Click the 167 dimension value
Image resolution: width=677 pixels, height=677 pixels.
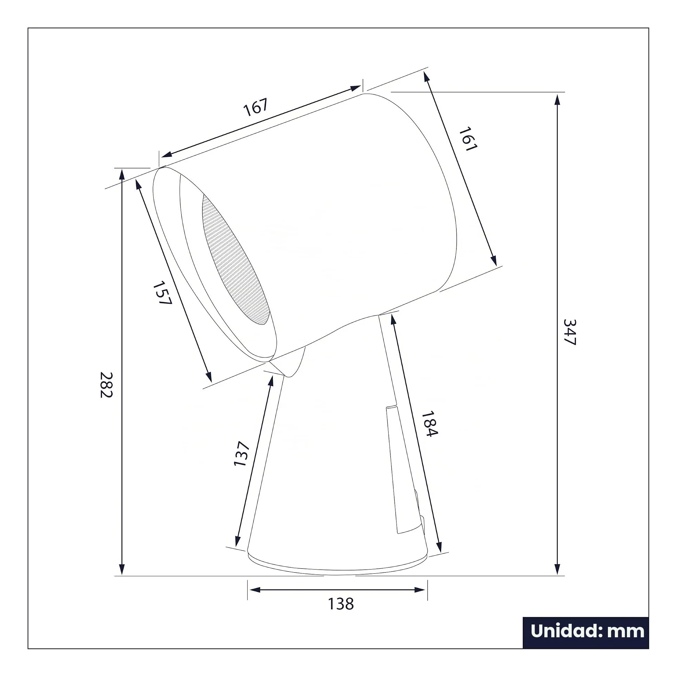(256, 107)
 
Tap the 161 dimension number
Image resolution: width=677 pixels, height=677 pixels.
(468, 139)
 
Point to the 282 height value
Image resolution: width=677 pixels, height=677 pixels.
(106, 385)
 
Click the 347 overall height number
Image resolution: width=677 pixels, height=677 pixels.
(570, 332)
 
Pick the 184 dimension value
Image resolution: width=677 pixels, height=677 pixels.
(429, 424)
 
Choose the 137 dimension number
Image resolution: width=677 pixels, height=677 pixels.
(241, 454)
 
